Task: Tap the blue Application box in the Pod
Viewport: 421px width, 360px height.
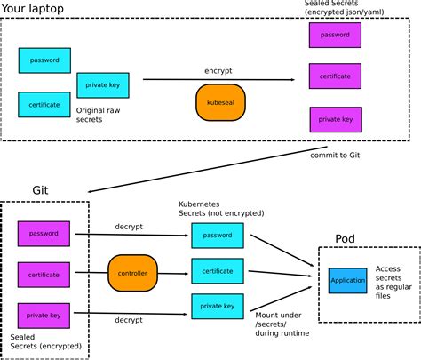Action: [347, 280]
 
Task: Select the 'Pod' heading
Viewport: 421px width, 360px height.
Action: [346, 238]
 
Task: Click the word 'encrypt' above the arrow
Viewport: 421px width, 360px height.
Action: [218, 68]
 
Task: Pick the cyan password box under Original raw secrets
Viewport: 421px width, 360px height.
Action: [44, 60]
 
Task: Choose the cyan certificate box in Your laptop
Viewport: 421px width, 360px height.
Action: [44, 105]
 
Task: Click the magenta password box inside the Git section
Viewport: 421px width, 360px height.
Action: [44, 234]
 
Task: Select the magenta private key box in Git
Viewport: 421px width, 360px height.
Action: [44, 315]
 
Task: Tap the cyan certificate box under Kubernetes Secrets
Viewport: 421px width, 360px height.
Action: [217, 271]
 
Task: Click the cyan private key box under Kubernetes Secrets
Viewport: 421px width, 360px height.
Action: [217, 307]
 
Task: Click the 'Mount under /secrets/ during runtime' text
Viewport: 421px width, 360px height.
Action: [278, 326]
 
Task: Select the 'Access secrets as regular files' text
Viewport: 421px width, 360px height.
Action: [393, 279]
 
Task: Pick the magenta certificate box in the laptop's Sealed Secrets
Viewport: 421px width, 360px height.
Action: [335, 76]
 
